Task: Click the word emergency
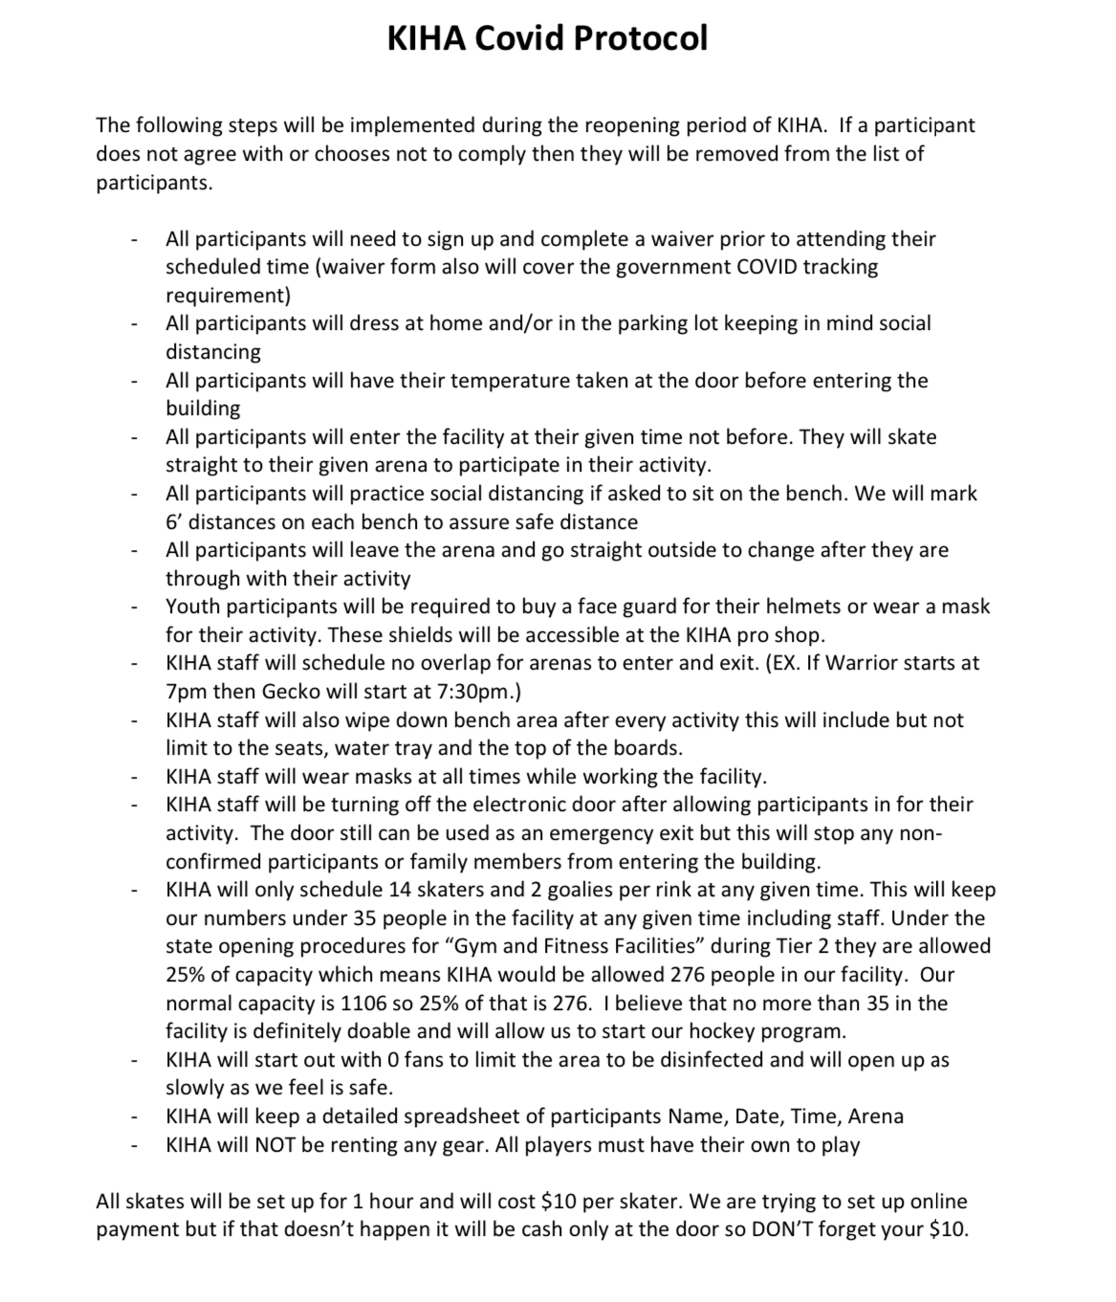(581, 833)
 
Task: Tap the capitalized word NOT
(274, 1145)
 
